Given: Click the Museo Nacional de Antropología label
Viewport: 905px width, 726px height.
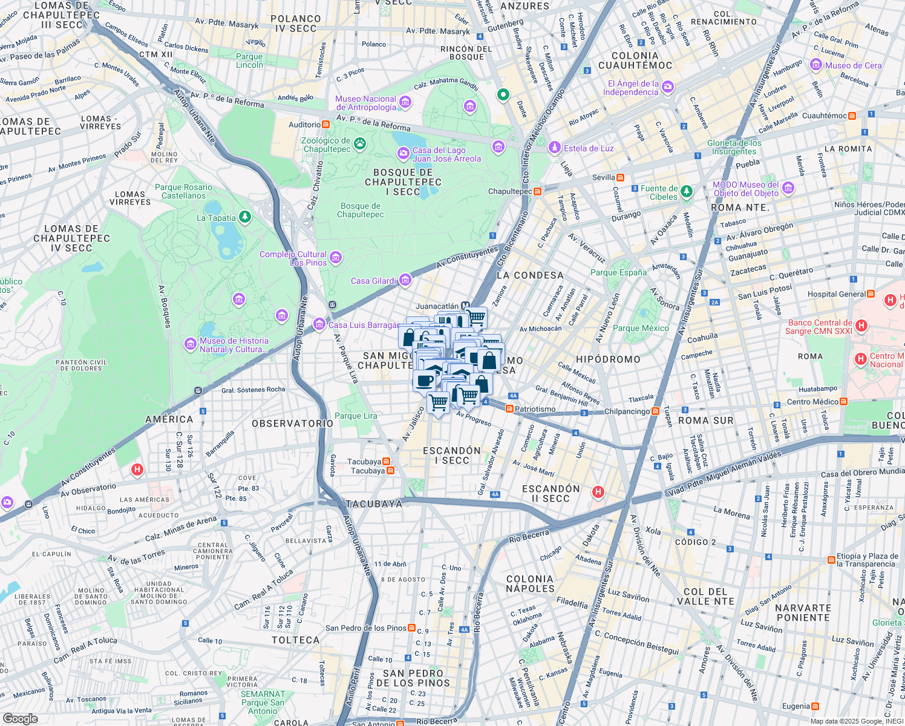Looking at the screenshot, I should point(366,103).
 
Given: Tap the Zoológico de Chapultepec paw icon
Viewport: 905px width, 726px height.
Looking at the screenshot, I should point(360,143).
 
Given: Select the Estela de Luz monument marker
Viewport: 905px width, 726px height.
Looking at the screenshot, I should point(554,148).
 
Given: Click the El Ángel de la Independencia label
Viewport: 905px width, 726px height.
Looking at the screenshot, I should point(633,88).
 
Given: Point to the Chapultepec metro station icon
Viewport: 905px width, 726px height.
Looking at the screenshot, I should point(537,191).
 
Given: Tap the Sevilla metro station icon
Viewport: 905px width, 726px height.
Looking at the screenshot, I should point(620,177).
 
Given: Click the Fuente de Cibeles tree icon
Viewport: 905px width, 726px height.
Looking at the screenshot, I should point(686,192).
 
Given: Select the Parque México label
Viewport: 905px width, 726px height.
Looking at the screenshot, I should point(641,328).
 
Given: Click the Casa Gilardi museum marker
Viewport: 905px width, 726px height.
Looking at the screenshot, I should point(405,280).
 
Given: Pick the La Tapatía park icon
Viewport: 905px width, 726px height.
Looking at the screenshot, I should point(244,217).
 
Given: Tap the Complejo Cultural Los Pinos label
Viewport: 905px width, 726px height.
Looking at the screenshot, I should point(293,258).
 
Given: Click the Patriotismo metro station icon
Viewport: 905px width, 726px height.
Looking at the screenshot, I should point(509,409).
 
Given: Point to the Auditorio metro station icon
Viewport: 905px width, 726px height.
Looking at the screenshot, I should point(325,125).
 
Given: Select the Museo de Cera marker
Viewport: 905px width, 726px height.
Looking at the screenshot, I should point(816,65).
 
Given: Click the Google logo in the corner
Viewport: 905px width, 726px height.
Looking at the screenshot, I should point(20,719).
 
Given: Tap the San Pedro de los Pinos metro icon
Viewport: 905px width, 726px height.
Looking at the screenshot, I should point(412,628).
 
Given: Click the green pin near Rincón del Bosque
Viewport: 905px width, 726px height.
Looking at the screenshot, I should point(503,94).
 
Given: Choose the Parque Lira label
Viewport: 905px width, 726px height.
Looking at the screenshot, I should point(356,416).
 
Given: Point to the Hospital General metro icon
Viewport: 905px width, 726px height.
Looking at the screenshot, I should point(871,294).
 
